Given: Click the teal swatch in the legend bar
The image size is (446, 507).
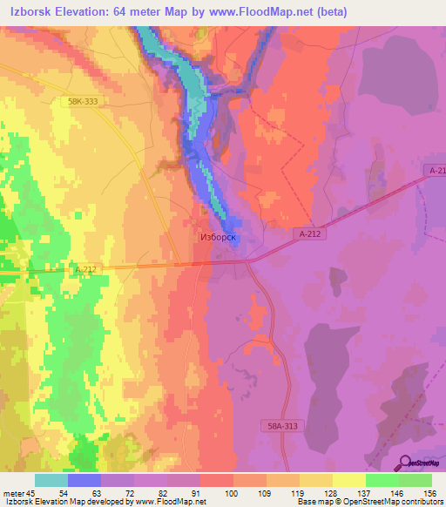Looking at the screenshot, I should pos(51,480).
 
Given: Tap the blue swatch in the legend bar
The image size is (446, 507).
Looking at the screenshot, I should pos(84,480).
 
